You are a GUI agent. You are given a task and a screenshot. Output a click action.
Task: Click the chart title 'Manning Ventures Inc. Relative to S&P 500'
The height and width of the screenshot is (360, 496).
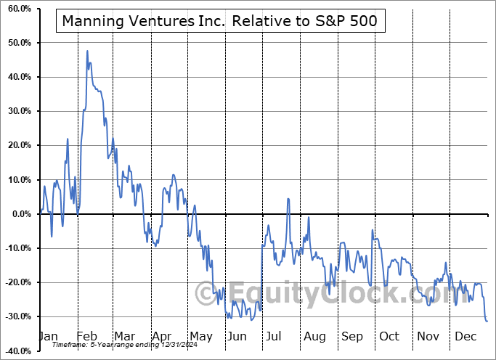pos(219,21)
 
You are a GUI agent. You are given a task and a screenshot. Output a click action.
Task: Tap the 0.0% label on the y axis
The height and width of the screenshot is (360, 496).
pos(18,214)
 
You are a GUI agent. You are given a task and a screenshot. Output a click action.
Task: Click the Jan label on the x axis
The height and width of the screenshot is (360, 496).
pos(48,337)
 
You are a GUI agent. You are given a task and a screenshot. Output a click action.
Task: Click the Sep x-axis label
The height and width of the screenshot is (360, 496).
pos(352,337)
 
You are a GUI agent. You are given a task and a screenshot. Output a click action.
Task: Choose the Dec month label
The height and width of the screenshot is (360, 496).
pos(466,337)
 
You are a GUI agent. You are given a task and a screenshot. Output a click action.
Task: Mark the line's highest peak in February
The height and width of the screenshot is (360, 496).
pos(87,51)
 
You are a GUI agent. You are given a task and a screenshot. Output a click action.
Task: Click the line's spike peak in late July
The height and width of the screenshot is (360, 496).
pos(288,198)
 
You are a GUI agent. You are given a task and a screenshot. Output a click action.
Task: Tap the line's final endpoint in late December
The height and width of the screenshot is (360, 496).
pos(487,321)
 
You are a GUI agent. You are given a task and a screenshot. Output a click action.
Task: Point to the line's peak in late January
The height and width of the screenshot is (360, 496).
pos(68,139)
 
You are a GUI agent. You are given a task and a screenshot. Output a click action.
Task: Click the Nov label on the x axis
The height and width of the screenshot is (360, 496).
pos(428,337)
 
